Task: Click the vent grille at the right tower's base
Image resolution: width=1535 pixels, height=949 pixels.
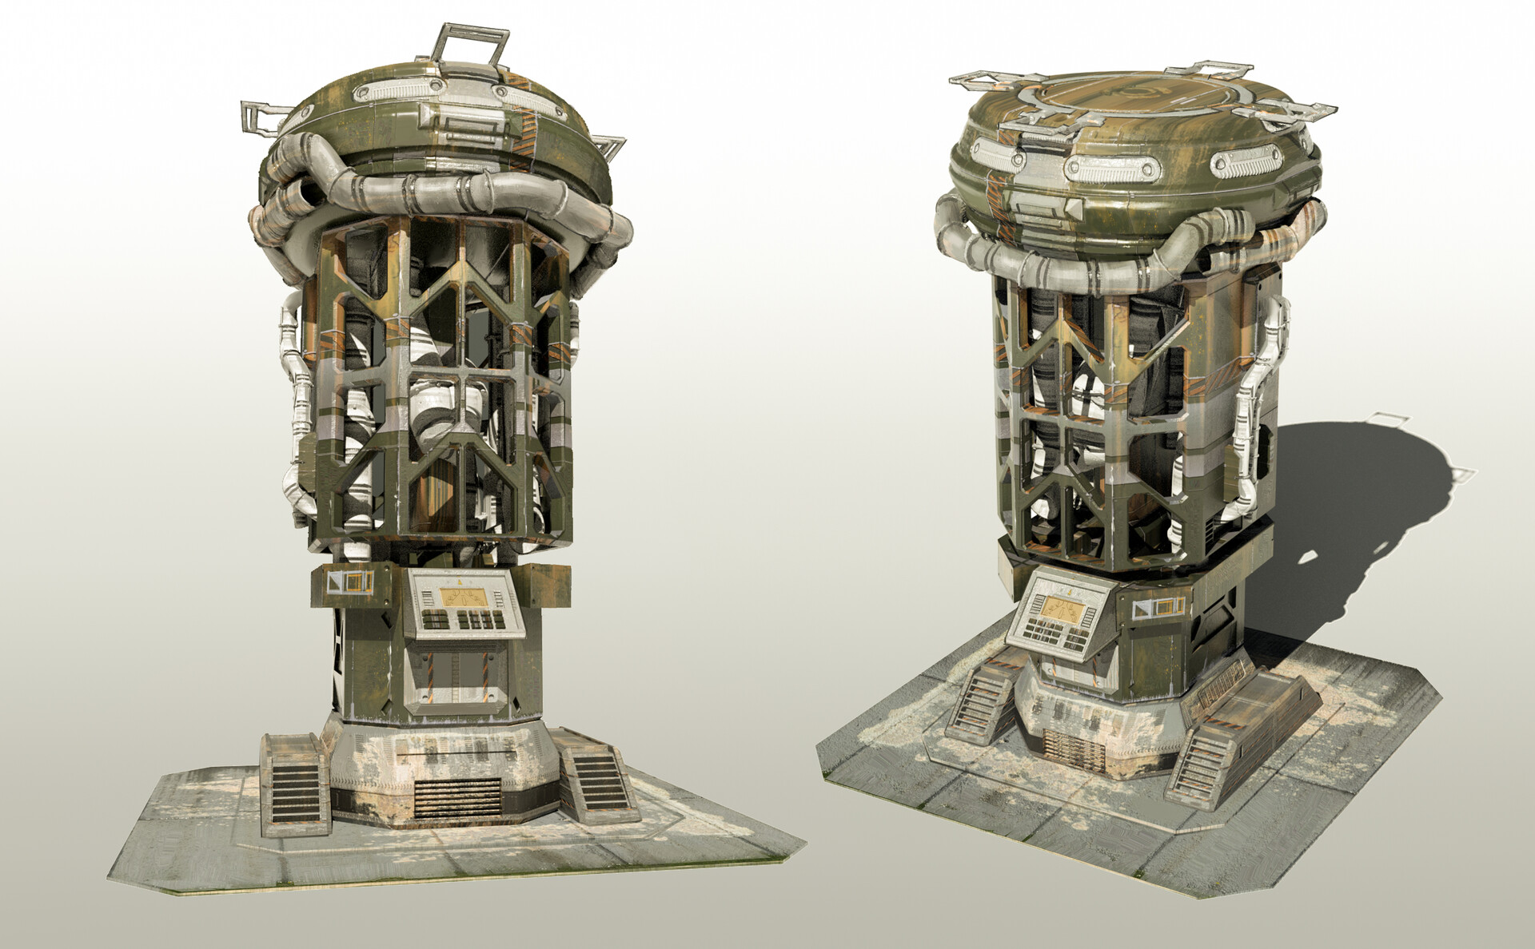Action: click(1071, 752)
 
